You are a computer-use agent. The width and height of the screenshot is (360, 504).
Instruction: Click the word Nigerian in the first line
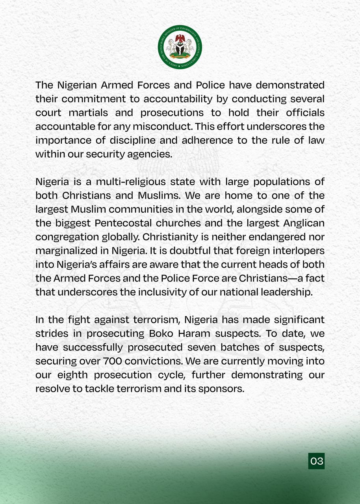pos(77,85)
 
